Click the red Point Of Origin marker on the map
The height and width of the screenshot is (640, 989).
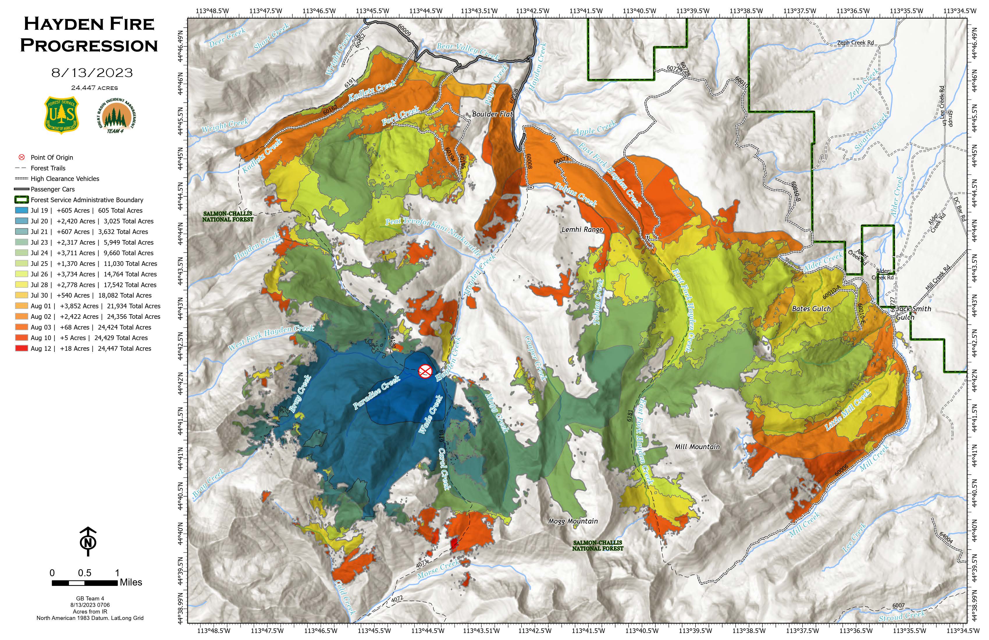pyautogui.click(x=425, y=371)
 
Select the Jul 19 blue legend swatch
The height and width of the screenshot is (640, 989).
pyautogui.click(x=22, y=211)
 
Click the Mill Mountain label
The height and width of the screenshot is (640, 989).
pyautogui.click(x=697, y=447)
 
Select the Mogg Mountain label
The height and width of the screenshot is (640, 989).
pyautogui.click(x=573, y=521)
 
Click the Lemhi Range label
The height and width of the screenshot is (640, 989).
pyautogui.click(x=582, y=230)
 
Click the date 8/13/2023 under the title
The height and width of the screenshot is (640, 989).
pyautogui.click(x=92, y=73)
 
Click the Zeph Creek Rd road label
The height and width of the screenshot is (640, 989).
pyautogui.click(x=855, y=43)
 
